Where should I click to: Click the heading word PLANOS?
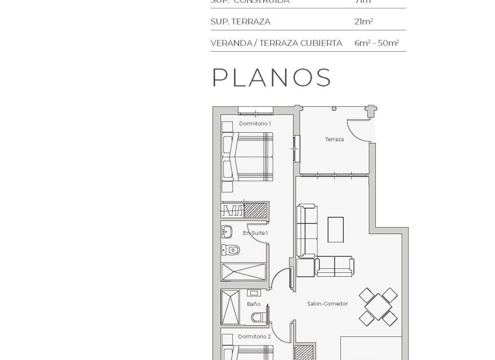271,78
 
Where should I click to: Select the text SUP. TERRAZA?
240,22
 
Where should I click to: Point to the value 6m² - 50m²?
373,43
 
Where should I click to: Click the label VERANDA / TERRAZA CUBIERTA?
276,43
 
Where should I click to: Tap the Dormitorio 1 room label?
255,123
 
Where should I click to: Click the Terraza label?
334,139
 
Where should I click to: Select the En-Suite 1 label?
255,232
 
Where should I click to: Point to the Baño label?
253,304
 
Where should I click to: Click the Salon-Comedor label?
327,304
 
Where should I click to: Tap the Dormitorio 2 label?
254,336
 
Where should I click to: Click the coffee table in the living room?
336,229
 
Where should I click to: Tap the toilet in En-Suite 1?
231,249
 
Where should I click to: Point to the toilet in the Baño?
259,318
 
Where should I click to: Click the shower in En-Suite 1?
244,271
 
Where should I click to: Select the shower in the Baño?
231,307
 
